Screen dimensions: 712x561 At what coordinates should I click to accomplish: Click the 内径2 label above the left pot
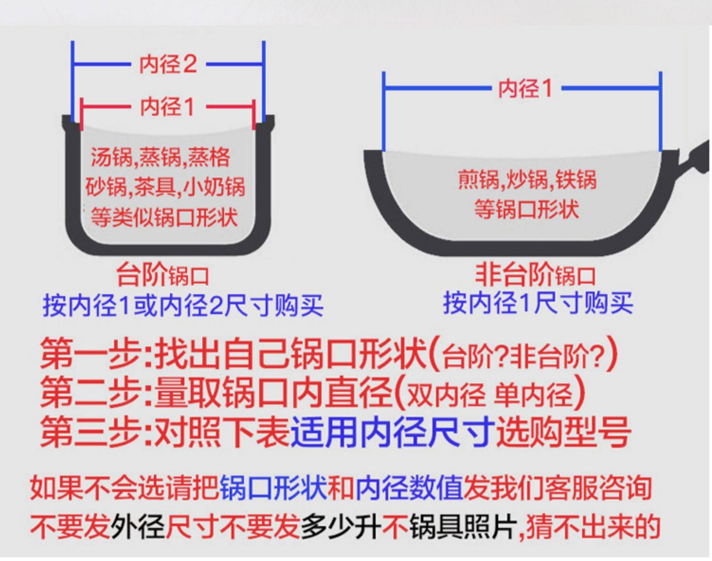pos(168,64)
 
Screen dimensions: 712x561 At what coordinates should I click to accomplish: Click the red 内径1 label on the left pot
pos(168,106)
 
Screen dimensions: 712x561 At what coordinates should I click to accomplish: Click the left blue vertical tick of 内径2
pos(73,81)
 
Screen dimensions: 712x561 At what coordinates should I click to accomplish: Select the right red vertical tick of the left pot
pos(254,114)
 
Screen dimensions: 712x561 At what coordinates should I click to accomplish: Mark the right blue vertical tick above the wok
pos(661,112)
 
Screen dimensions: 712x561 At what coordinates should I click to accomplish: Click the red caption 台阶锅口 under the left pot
pos(162,275)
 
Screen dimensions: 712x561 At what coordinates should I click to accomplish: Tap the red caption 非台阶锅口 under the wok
pos(535,274)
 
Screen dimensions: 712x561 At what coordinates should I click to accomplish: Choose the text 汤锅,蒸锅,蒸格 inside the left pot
pos(160,157)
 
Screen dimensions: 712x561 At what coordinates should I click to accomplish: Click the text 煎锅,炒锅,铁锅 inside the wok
pos(527,180)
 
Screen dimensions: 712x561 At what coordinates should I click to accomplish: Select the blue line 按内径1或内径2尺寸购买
pos(183,304)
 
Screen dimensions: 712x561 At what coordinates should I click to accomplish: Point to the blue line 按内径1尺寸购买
pos(538,303)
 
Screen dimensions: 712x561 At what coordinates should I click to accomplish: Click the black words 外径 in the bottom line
pos(138,526)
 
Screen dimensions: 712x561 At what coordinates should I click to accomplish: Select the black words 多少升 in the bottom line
pos(340,526)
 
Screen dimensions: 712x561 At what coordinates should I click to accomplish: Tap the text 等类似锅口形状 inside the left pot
pos(164,218)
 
